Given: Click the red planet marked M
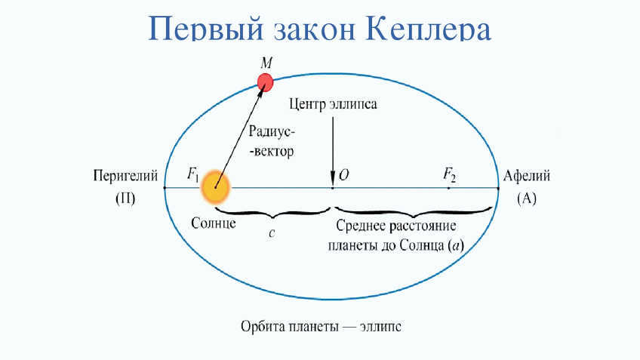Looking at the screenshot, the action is coord(266,82).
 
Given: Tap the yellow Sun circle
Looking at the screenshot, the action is coord(216,188).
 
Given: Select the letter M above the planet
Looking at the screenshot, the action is coord(266,63).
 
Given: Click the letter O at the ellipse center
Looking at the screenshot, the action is coord(343,175).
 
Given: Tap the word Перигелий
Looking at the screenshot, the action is coord(125,176).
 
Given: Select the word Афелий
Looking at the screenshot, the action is coord(527,176).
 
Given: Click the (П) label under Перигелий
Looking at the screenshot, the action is coord(125,198).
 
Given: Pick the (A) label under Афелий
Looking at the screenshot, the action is coord(527,198).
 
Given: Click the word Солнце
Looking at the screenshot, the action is coord(214,223).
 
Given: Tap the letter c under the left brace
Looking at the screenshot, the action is coord(272,233).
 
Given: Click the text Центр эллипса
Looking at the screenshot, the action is coord(333,104).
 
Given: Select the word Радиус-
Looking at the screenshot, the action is coord(272,131).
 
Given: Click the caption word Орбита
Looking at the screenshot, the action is coord(263,327).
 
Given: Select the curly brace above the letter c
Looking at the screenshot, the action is coord(272,212).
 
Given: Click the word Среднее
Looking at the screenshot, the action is coord(361,226).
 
